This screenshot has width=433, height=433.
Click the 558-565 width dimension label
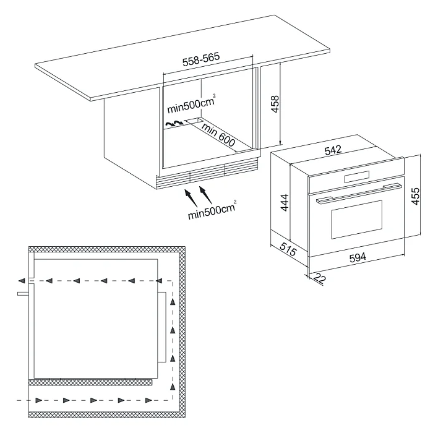tap(201, 59)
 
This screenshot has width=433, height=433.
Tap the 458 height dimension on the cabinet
tap(275, 104)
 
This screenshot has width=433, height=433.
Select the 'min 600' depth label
tap(218, 134)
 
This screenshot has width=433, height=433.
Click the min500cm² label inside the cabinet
tap(191, 104)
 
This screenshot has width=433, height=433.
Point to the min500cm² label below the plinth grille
tap(212, 210)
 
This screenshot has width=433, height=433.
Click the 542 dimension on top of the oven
tap(333, 150)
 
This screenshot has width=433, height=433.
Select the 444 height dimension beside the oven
tap(285, 203)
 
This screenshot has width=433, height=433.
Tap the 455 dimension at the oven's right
tap(415, 196)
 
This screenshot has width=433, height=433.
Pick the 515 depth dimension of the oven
tap(288, 249)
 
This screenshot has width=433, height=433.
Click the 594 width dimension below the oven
tap(358, 257)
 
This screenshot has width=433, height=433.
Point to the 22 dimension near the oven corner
tap(320, 278)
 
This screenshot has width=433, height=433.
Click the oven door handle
tap(359, 193)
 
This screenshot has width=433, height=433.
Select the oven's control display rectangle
tap(357, 177)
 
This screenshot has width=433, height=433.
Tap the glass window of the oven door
tap(357, 219)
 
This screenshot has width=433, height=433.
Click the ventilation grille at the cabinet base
tap(207, 173)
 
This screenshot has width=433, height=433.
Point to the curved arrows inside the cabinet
tap(174, 124)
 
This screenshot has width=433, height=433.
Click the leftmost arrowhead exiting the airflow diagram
tap(22, 281)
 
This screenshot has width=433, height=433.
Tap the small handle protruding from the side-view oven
tap(23, 294)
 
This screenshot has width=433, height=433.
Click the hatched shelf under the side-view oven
tap(90, 382)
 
